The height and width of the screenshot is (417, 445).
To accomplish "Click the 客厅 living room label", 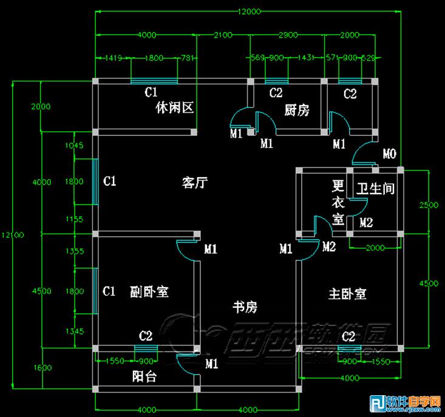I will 195,181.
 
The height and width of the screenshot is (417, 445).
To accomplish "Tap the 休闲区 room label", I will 174,109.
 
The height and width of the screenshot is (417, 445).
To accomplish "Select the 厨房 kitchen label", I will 297,110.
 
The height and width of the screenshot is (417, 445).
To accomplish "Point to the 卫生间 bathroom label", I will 375,189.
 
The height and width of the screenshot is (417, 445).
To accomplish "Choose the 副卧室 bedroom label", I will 149,291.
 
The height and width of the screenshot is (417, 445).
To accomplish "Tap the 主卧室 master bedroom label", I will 347,294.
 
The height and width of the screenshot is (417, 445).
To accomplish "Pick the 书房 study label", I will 245,307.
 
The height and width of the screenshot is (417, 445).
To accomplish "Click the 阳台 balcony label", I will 144,377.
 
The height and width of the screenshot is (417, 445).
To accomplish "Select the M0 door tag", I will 389,152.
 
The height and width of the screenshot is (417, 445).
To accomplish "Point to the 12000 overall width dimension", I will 249,11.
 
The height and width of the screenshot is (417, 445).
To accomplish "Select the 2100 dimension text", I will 223,35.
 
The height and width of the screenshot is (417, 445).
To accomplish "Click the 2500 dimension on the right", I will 429,205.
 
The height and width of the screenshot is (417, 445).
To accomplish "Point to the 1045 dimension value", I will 73,145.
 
